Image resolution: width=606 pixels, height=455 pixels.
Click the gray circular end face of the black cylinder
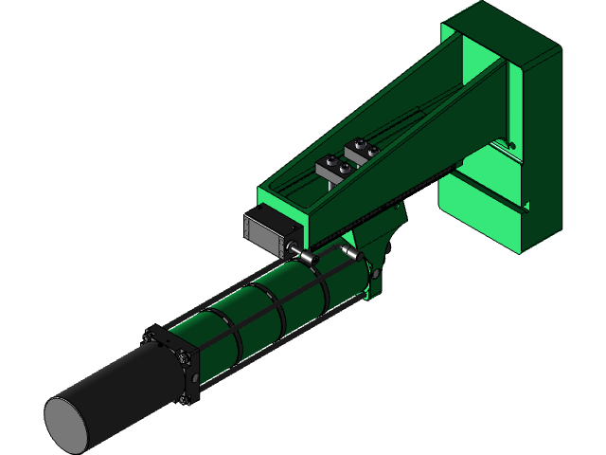pos(68,423)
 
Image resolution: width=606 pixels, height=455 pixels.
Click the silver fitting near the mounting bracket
pos(350,253)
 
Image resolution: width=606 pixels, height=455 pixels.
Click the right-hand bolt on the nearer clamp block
pos(343,169)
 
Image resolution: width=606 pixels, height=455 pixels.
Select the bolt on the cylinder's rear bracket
pos(378,274)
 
